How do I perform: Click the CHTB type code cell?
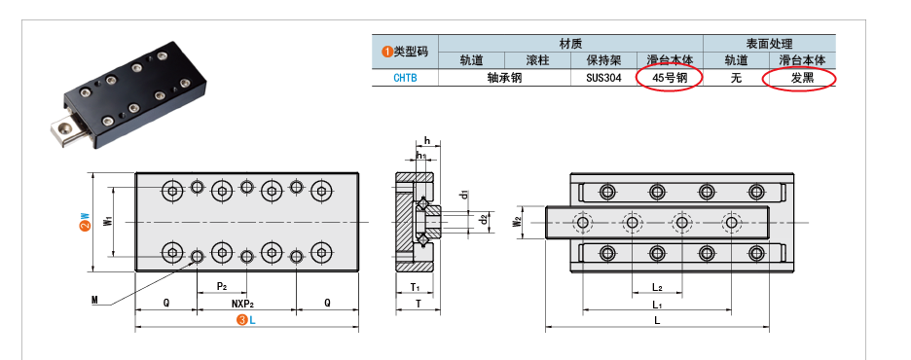point(405,78)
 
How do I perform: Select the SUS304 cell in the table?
point(604,78)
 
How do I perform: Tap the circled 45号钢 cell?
point(670,78)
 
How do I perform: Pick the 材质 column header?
point(570,44)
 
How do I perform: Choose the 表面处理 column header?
point(769,44)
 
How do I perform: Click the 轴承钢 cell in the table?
point(504,78)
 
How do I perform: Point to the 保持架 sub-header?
point(604,60)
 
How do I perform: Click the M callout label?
point(94,301)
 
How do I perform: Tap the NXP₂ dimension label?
point(245,303)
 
